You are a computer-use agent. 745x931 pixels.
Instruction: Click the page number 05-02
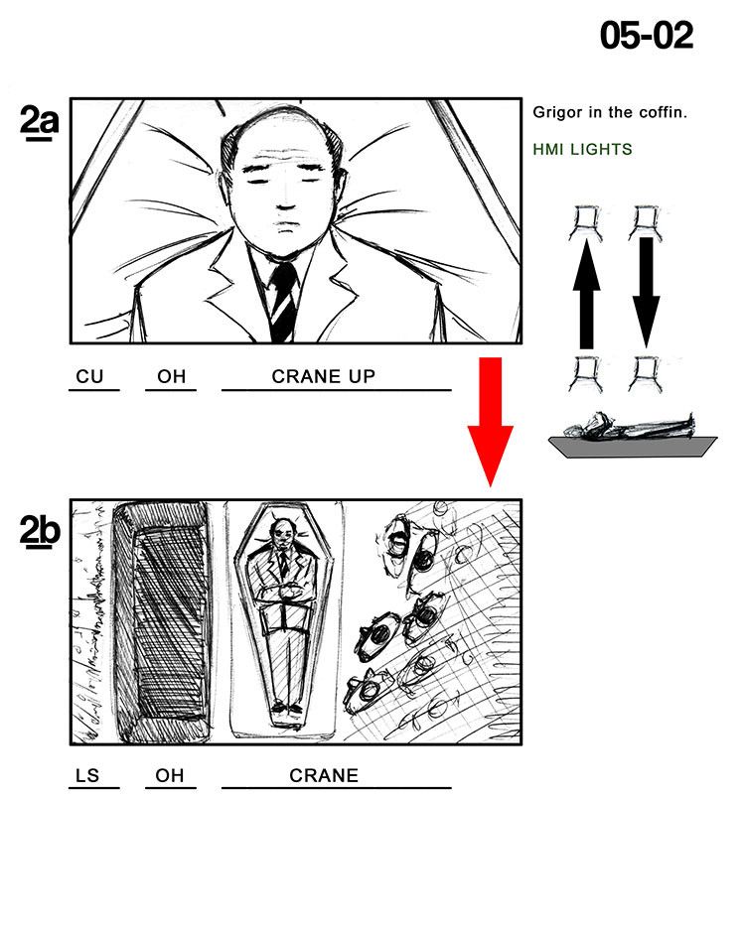point(647,36)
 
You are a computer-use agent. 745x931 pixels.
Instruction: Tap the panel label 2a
point(39,123)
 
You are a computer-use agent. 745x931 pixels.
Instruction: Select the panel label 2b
point(40,531)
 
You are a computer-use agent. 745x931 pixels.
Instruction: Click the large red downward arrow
point(490,422)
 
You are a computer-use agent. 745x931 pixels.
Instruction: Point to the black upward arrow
point(586,294)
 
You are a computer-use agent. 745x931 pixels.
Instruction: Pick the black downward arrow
point(646,293)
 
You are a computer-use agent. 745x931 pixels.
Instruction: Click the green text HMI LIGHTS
point(582,149)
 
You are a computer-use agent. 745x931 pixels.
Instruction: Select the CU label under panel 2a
point(89,376)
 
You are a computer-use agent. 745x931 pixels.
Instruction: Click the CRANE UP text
point(323,376)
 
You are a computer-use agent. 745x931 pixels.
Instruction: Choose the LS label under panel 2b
point(88,775)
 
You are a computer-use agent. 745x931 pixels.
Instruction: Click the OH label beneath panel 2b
point(169,775)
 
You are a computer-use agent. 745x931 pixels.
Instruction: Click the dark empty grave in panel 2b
point(162,622)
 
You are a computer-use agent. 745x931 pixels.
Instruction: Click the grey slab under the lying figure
point(632,447)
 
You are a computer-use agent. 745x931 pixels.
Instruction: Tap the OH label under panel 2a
point(171,376)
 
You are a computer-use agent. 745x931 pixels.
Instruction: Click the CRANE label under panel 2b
point(324,775)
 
